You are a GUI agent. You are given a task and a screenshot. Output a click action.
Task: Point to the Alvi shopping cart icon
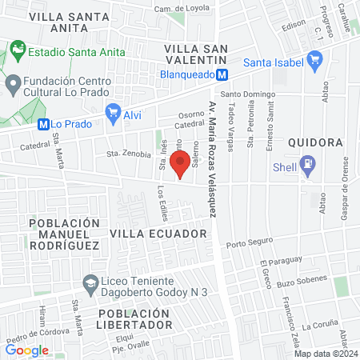114,114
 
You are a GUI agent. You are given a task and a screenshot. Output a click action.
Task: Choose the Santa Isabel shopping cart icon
314,62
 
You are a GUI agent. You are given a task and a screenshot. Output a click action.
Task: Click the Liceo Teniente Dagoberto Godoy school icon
90,282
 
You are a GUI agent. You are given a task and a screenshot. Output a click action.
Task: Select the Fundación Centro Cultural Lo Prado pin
13,82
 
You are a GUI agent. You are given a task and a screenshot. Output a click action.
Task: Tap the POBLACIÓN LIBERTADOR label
136,318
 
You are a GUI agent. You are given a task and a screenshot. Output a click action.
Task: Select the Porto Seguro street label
249,245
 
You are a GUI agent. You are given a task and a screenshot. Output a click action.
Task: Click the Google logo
27,350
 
